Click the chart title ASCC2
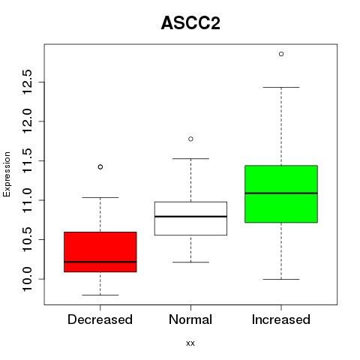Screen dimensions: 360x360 (x=190, y=23)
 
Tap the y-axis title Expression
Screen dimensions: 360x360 (x=7, y=174)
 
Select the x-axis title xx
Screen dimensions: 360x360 (x=190, y=343)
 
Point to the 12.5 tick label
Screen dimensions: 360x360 (x=28, y=82)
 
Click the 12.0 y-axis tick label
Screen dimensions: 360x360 (x=28, y=121)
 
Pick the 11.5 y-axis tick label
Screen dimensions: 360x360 (x=28, y=160)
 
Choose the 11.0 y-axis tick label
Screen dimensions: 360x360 (x=28, y=200)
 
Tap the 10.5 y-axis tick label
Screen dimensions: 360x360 (x=28, y=239)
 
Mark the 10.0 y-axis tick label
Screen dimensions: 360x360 (x=28, y=279)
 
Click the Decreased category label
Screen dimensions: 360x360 (x=100, y=319)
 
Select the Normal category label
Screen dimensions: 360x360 (x=190, y=319)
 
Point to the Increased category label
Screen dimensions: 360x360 (x=281, y=319)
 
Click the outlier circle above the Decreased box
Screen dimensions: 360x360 (x=100, y=167)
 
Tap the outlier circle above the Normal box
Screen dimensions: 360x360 (x=190, y=139)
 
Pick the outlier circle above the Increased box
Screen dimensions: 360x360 (x=281, y=54)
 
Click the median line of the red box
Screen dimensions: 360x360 (x=100, y=262)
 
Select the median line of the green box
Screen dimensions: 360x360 (x=281, y=193)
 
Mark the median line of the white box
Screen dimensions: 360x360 (x=190, y=217)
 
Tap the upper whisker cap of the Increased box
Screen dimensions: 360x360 (x=281, y=88)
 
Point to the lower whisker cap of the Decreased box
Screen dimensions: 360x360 (x=100, y=295)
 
